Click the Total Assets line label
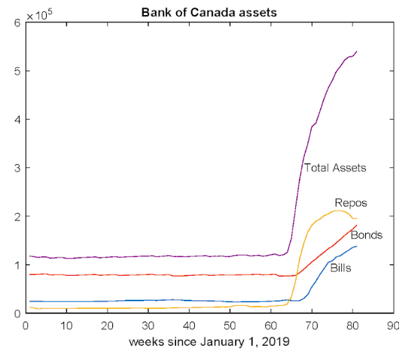(334, 168)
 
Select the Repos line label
(350, 203)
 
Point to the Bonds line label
(367, 235)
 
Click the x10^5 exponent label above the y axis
(39, 14)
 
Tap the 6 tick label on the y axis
(17, 23)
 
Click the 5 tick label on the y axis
(17, 72)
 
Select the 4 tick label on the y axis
(17, 120)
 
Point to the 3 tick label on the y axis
(17, 168)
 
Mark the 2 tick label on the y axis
(17, 217)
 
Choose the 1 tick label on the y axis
(17, 265)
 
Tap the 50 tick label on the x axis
(229, 325)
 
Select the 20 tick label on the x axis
(107, 325)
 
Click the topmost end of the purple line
(356, 51)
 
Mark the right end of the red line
(356, 225)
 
